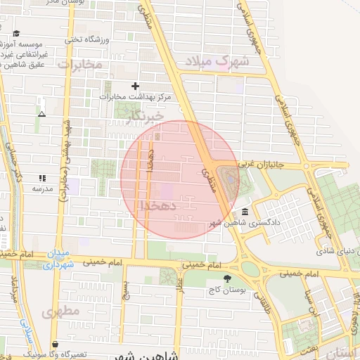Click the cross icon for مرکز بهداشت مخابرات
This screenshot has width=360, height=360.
tap(136, 86)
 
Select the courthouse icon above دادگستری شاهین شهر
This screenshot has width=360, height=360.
tap(244, 212)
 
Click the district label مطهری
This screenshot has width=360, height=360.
tap(58, 311)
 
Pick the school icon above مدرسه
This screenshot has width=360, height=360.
tap(42, 179)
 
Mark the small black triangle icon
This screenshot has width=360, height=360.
tap(42, 113)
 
